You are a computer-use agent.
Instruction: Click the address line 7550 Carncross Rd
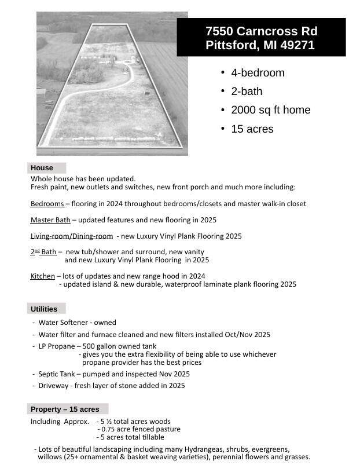261,31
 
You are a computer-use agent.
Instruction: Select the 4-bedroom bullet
258,73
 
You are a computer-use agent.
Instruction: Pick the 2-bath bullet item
247,92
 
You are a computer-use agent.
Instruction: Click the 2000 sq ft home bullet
270,110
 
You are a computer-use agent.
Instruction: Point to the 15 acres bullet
252,129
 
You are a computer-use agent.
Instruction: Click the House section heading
42,168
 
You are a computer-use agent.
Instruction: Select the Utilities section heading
44,309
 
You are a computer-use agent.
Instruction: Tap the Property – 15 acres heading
65,409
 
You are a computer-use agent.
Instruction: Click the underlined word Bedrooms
47,204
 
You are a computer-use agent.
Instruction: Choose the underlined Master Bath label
50,220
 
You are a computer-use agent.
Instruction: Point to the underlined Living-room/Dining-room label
72,236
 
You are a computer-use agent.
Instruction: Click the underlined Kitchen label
42,276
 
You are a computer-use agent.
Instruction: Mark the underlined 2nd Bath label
43,252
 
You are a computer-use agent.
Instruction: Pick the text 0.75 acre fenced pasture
141,429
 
